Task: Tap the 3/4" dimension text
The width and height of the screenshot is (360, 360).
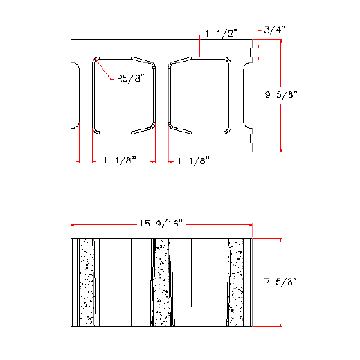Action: [274, 31]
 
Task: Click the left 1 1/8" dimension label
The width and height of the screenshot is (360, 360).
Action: [120, 161]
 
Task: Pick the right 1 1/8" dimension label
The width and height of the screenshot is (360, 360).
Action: [193, 161]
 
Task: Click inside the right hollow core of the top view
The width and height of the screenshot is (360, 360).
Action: [199, 94]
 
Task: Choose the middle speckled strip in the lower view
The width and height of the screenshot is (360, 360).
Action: [161, 282]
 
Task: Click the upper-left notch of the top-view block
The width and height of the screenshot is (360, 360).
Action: [73, 53]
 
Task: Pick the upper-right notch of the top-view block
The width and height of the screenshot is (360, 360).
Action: [251, 53]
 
